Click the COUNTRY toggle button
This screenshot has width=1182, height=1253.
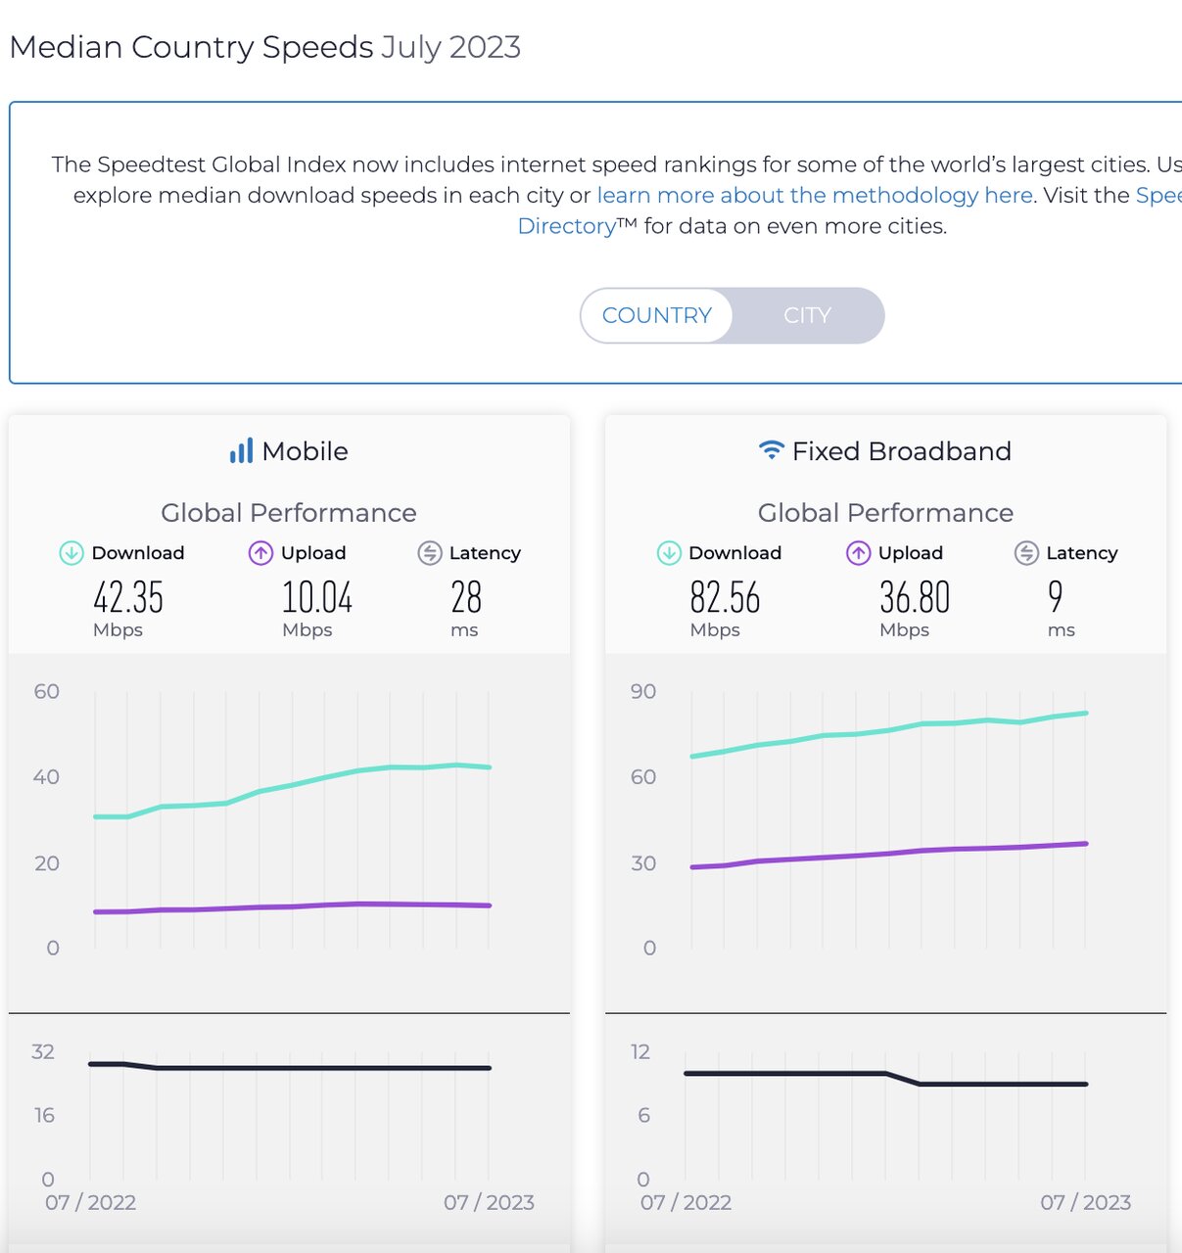tap(656, 315)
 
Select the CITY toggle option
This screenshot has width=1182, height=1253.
tap(807, 315)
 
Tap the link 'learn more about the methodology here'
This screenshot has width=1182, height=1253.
tap(815, 195)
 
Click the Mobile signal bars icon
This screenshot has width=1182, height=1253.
tap(241, 450)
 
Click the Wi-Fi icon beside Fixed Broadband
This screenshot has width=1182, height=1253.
tap(772, 450)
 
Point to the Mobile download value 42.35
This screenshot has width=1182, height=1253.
tap(128, 597)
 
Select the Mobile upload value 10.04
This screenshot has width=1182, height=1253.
tap(317, 597)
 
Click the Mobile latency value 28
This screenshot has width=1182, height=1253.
tap(466, 597)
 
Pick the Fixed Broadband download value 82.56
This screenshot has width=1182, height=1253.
tap(725, 597)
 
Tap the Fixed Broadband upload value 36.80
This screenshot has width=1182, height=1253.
tap(915, 597)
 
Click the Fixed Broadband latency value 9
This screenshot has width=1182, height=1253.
tap(1055, 596)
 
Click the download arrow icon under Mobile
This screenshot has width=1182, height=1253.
tap(71, 553)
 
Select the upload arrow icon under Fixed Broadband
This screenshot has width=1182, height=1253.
tap(858, 553)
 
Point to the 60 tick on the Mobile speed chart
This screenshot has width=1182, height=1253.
tap(47, 691)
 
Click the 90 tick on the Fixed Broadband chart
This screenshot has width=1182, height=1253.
tap(643, 691)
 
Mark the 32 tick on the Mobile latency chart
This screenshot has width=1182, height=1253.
tap(43, 1051)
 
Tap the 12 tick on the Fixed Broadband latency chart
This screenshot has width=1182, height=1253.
tap(640, 1051)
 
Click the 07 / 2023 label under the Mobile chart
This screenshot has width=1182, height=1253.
tap(489, 1202)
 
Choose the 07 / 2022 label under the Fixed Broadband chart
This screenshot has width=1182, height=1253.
tap(686, 1202)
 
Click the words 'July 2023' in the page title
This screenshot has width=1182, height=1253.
tap(450, 47)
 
